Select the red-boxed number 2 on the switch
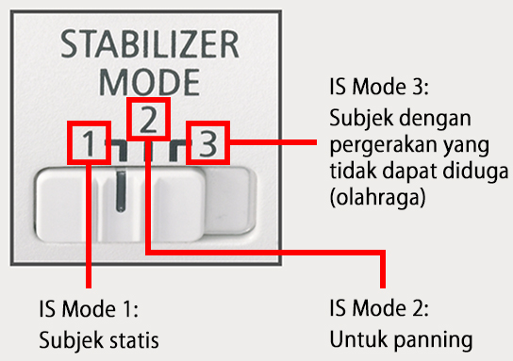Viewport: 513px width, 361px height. click(148, 118)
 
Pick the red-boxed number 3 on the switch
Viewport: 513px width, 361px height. click(207, 144)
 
